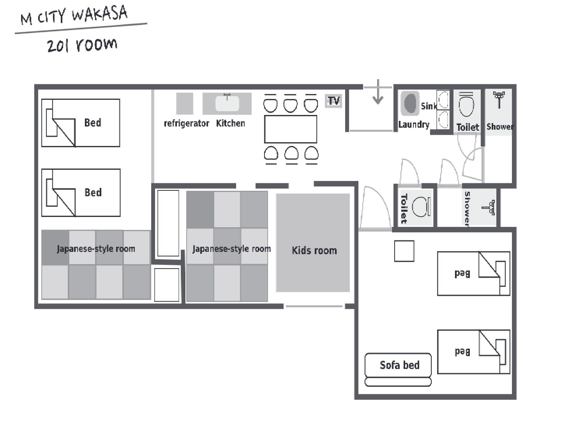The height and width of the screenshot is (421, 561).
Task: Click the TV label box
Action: (x=333, y=101)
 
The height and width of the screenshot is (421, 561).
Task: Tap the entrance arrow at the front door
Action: (x=378, y=92)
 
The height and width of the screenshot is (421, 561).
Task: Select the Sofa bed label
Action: (x=399, y=365)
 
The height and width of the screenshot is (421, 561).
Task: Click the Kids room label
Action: (x=314, y=250)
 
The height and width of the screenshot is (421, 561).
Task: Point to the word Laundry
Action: (x=414, y=125)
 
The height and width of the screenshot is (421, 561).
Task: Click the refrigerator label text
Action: (x=186, y=123)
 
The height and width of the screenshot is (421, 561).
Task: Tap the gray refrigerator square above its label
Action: (x=185, y=103)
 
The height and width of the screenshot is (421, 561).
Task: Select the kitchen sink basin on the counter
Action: (x=227, y=103)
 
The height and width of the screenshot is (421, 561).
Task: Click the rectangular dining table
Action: (x=291, y=129)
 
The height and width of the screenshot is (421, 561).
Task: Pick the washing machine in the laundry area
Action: (x=410, y=103)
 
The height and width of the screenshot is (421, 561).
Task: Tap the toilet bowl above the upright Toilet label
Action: (x=466, y=105)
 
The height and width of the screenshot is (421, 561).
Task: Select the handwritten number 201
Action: (x=58, y=46)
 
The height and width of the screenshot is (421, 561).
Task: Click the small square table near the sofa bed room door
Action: (x=404, y=251)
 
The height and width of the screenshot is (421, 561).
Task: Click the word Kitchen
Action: (x=230, y=123)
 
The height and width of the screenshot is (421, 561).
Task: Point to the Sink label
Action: (x=429, y=106)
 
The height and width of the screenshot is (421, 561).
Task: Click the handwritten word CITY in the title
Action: (x=51, y=17)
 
